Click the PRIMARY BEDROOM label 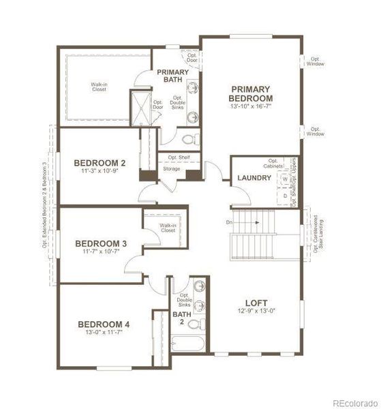tap(251, 93)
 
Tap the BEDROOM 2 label tap(100, 163)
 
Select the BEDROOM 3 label tap(101, 243)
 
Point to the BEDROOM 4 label tap(103, 324)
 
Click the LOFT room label tap(256, 303)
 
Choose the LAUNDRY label tap(254, 179)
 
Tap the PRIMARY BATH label tap(172, 76)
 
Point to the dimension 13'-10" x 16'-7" tap(251, 107)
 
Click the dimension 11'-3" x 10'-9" tap(100, 172)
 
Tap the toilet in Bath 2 tap(195, 323)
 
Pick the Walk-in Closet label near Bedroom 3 tap(167, 228)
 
